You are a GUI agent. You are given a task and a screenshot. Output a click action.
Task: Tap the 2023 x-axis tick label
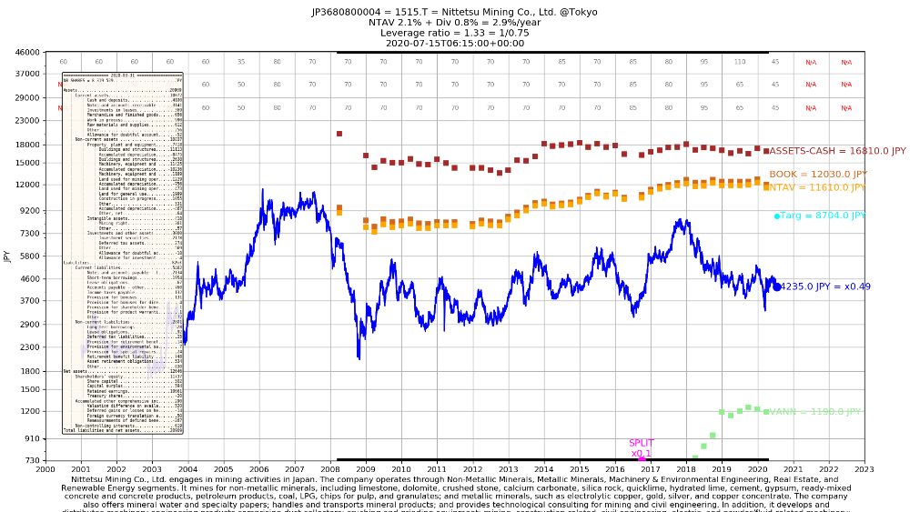pyautogui.click(x=864, y=469)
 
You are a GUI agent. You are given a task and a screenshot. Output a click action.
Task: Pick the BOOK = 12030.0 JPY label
pyautogui.click(x=818, y=175)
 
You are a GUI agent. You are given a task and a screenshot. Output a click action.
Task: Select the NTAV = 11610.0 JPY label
pyautogui.click(x=816, y=187)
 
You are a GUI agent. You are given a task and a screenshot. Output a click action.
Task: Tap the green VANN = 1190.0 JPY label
pyautogui.click(x=814, y=412)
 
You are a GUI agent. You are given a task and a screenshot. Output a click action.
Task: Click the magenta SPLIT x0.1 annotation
pyautogui.click(x=642, y=448)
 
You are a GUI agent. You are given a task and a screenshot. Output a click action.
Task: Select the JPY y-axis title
pyautogui.click(x=7, y=256)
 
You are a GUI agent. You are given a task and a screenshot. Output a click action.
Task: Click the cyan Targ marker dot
pyautogui.click(x=777, y=216)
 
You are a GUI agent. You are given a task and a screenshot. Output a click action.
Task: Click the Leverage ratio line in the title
pyautogui.click(x=455, y=33)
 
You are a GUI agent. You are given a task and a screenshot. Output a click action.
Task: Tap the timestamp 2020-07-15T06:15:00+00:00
pyautogui.click(x=455, y=43)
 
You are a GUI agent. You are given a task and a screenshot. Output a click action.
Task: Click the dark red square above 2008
pyautogui.click(x=339, y=134)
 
